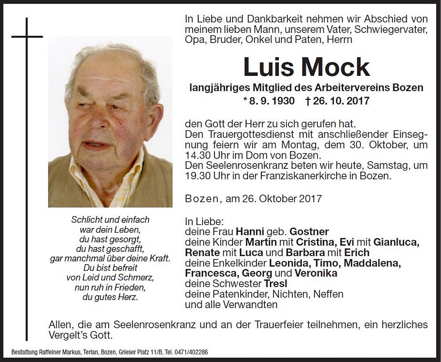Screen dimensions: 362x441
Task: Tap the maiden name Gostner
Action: (x=309, y=232)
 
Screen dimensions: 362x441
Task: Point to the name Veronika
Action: (x=316, y=273)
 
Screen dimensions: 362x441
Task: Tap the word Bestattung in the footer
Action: (x=24, y=352)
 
